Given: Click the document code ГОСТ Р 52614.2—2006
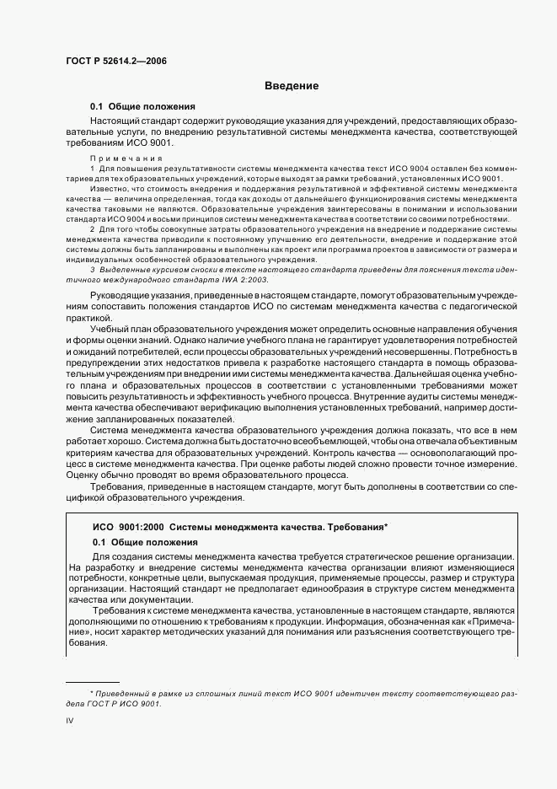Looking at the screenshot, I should pos(110,62).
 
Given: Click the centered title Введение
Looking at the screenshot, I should pos(292,86).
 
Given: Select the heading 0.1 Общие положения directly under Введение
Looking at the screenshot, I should pos(142,107).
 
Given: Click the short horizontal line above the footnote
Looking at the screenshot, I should pos(93,681).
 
